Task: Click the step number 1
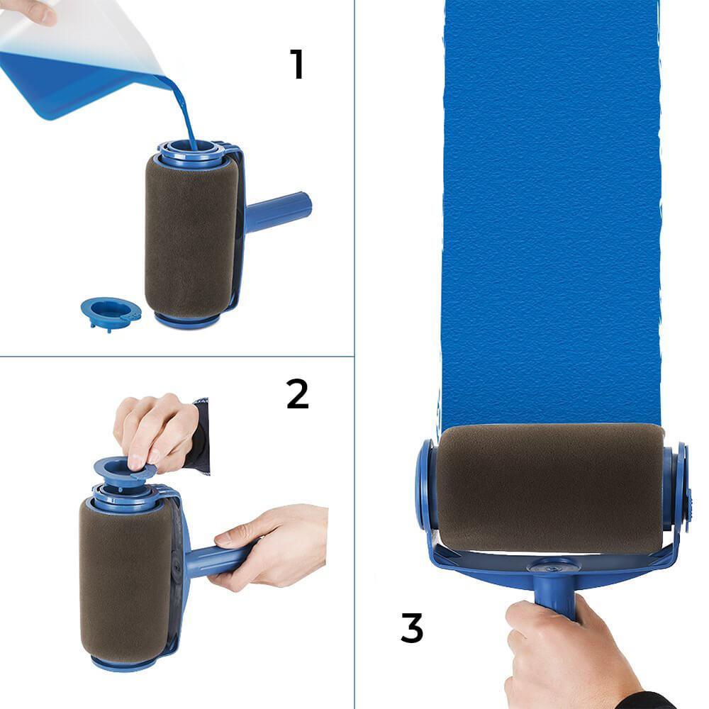pyautogui.click(x=296, y=64)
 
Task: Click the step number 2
pyautogui.click(x=298, y=393)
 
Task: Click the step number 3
pyautogui.click(x=412, y=627)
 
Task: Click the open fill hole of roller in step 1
pyautogui.click(x=191, y=147)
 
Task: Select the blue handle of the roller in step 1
pyautogui.click(x=278, y=211)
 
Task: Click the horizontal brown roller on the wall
pyautogui.click(x=550, y=489)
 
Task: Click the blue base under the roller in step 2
pyautogui.click(x=123, y=664)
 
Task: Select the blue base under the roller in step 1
pyautogui.click(x=187, y=319)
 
